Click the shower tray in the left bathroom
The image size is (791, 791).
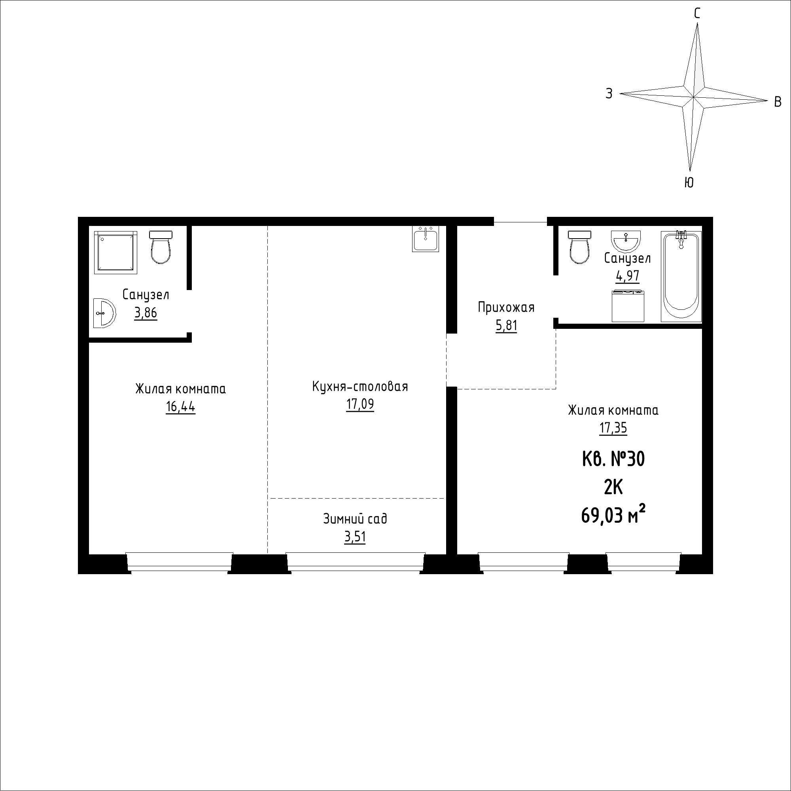tap(115, 252)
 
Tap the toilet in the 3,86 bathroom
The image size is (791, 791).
tap(161, 247)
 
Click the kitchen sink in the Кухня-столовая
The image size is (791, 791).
tap(426, 239)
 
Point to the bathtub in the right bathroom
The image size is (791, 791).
tap(681, 277)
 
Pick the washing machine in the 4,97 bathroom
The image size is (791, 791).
tap(628, 306)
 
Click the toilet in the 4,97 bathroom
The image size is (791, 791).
tap(579, 247)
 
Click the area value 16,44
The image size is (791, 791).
tap(181, 407)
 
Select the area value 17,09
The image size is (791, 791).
tap(360, 405)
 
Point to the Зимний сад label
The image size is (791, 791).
tap(355, 519)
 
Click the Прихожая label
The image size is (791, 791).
tap(507, 307)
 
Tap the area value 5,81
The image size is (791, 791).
tap(507, 326)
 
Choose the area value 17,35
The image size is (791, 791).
tap(613, 429)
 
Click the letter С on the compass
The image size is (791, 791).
tap(697, 13)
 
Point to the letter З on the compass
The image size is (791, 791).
tap(609, 94)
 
